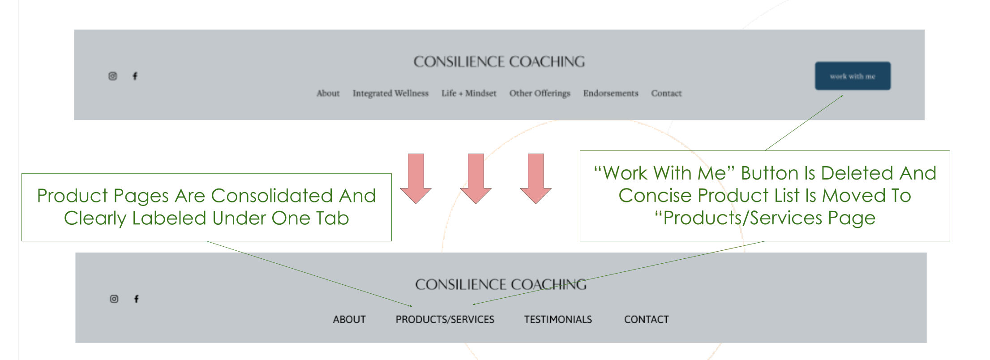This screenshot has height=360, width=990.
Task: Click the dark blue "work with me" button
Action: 853,76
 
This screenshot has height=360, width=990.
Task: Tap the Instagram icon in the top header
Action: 113,76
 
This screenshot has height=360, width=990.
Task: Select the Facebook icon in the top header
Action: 135,76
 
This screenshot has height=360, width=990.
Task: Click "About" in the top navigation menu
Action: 328,93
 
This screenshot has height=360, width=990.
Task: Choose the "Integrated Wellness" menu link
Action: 390,93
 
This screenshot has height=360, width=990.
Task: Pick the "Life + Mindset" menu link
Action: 469,93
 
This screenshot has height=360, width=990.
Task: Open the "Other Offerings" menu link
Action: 540,93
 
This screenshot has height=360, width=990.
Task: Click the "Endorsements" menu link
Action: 610,93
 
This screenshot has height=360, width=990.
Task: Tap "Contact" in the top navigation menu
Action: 666,93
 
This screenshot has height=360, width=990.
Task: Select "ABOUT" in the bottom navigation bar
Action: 349,319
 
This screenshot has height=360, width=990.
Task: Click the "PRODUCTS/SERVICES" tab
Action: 445,319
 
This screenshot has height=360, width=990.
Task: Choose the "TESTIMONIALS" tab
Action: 558,319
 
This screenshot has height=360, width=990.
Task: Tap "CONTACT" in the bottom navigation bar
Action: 646,319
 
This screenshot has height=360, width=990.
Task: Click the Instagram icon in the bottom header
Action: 114,299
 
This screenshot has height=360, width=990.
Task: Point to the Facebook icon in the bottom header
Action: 137,299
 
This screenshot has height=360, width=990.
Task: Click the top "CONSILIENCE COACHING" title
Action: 499,62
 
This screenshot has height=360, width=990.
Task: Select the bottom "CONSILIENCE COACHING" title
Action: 500,284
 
